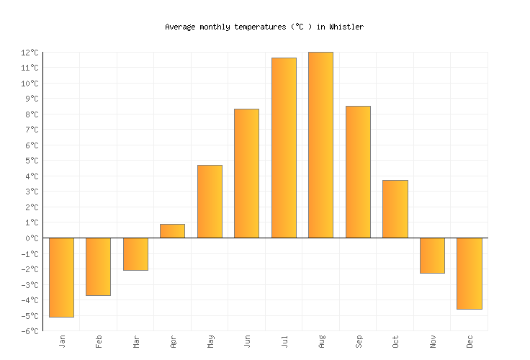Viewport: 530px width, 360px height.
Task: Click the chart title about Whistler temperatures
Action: coord(264,27)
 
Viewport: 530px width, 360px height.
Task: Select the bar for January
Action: coord(61,277)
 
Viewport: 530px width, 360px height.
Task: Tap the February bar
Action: coord(98,266)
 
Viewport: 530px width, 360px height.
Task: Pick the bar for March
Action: coord(135,254)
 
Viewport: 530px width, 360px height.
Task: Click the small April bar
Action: coord(172,231)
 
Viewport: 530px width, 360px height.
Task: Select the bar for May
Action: coord(210,202)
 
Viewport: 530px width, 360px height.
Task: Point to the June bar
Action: coord(246,174)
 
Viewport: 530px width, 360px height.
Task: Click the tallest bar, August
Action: coord(320,145)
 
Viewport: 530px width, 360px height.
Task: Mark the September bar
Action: coord(358,172)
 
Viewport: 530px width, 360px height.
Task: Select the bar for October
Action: coord(395,209)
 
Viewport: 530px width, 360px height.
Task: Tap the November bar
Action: coord(432,256)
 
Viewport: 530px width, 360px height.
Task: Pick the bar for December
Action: coord(469,274)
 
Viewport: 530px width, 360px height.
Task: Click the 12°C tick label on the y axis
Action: coord(30,53)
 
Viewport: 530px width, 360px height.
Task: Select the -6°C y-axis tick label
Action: coord(30,331)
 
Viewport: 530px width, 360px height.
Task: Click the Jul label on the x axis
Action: coord(284,341)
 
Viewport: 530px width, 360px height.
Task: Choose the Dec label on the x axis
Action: coord(470,341)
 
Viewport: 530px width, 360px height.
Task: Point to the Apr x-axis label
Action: coord(173,341)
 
